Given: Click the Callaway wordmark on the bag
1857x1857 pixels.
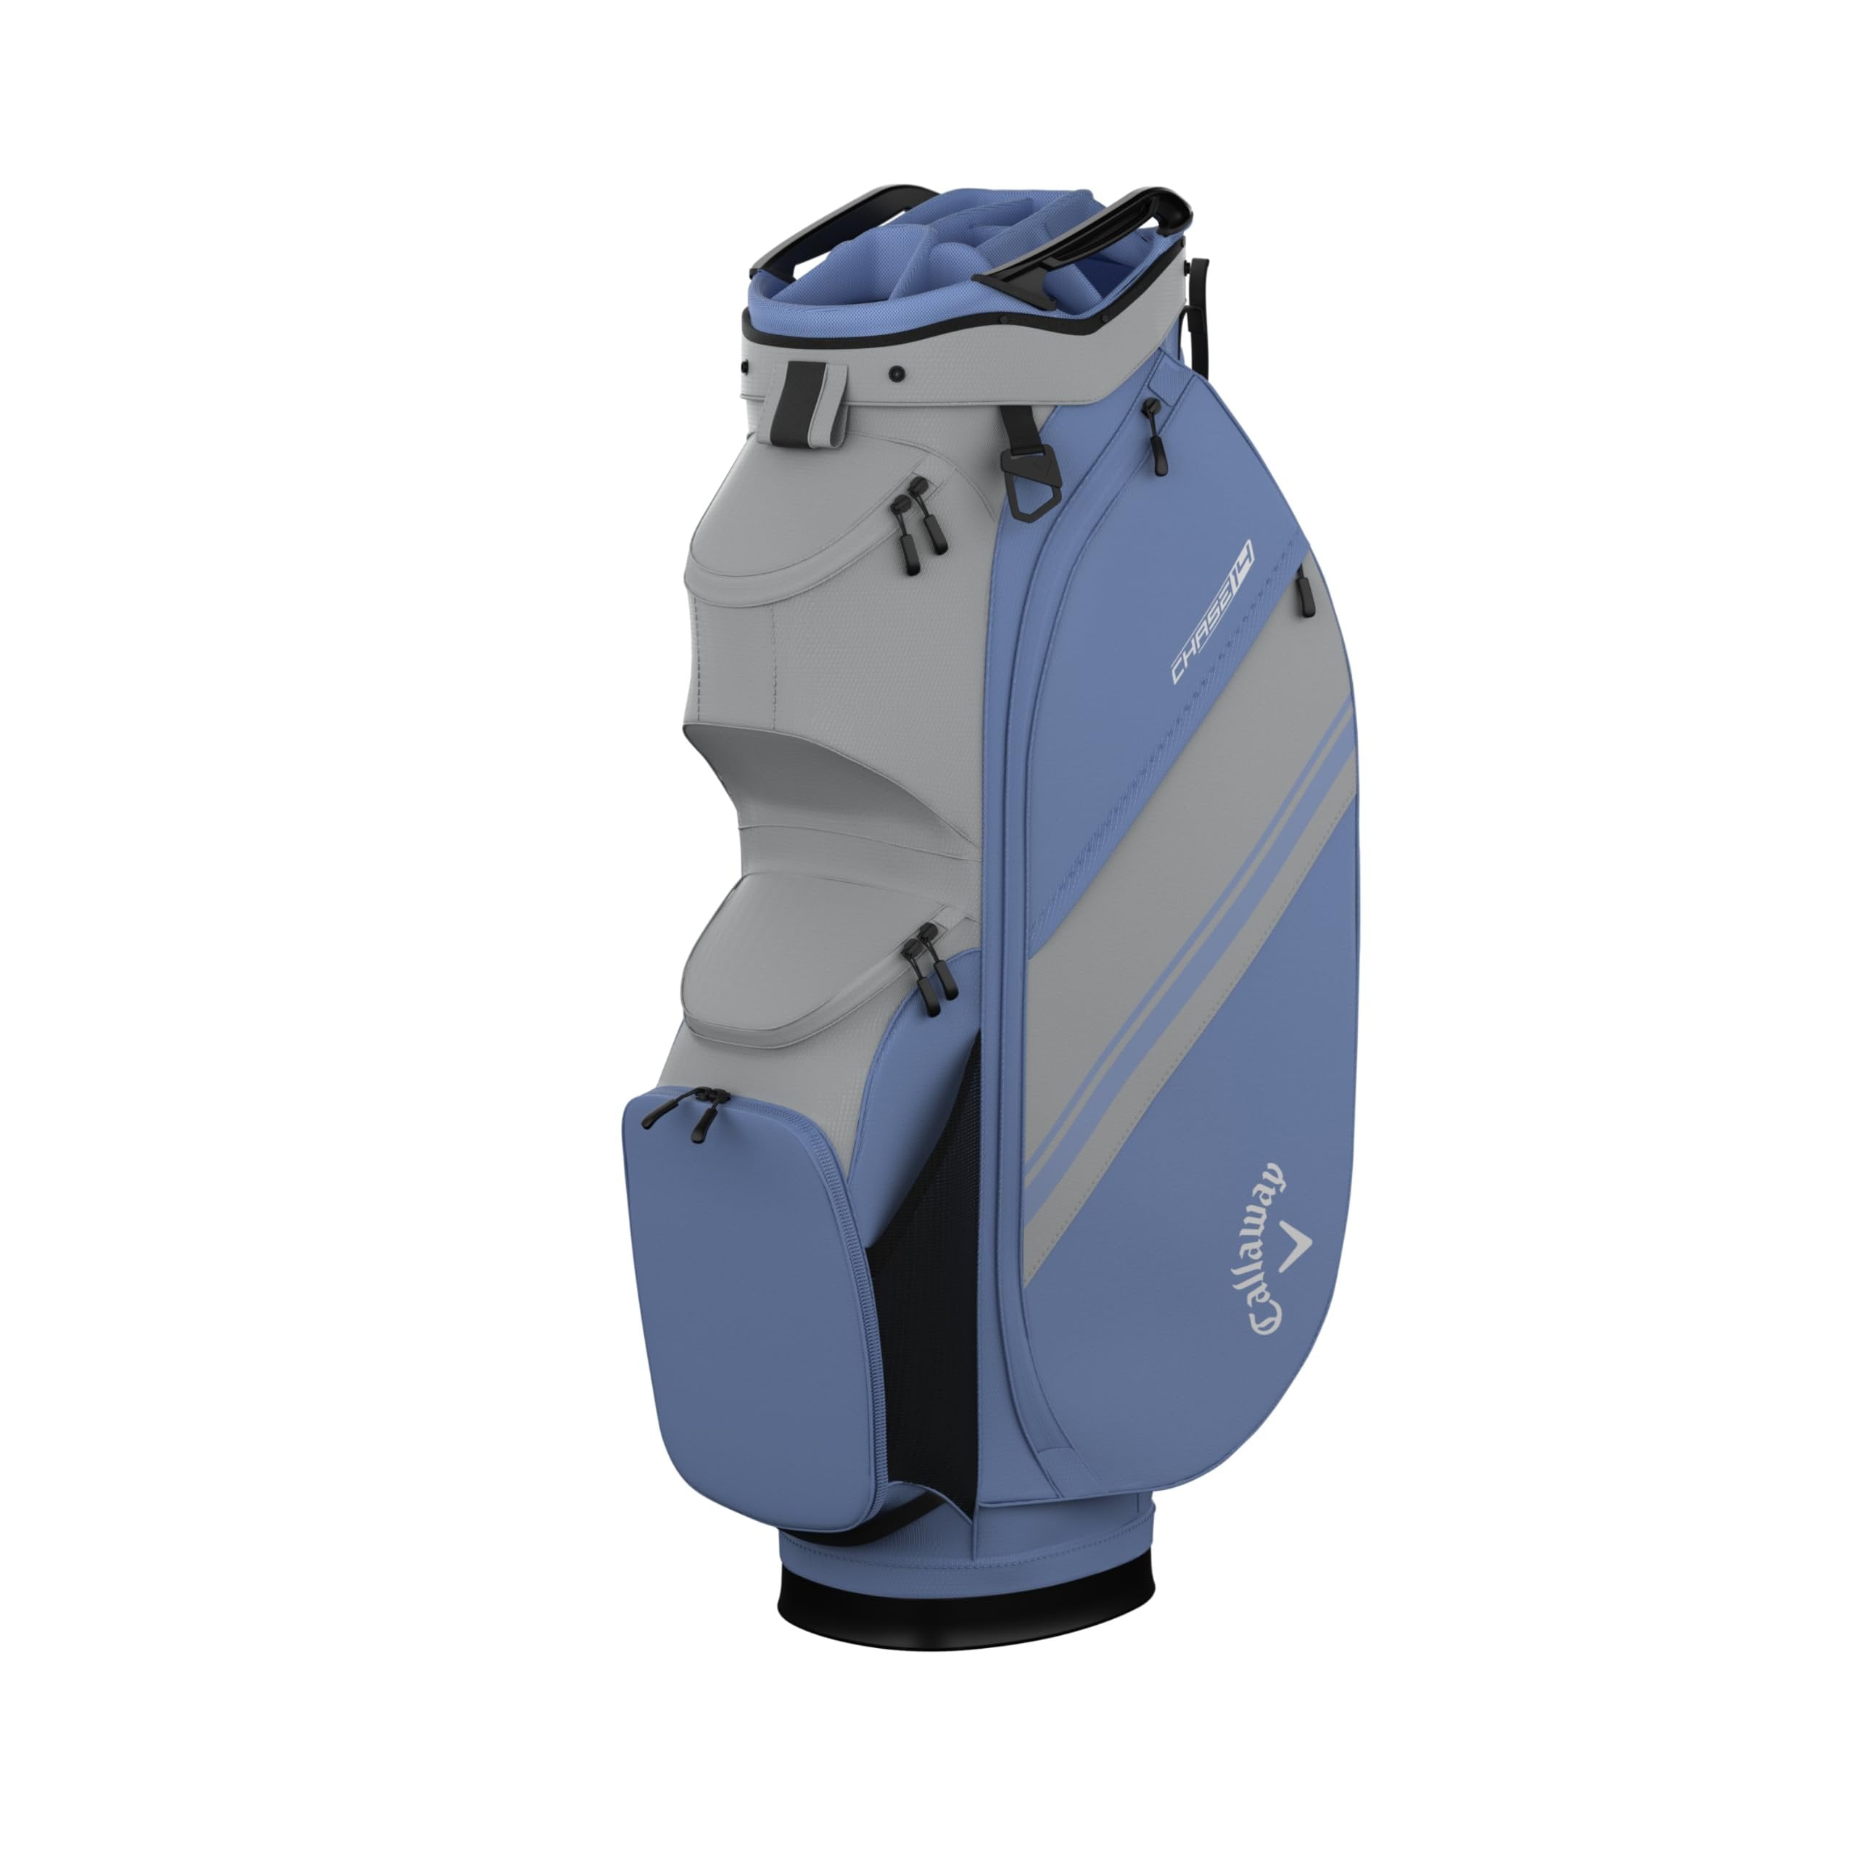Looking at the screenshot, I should coord(1269,1251).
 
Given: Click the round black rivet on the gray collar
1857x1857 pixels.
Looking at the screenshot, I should coord(896,374).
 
